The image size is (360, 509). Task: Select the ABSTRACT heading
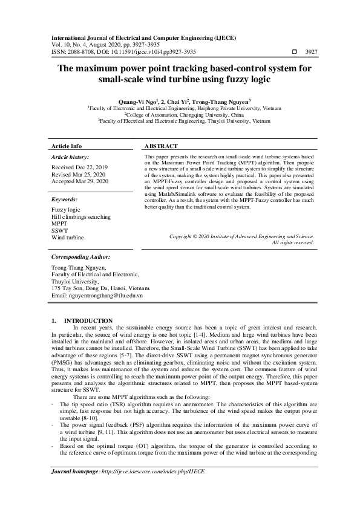(x=162, y=146)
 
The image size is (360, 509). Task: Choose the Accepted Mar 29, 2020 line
(x=80, y=181)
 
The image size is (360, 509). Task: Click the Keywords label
(x=65, y=199)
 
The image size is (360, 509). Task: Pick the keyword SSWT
(x=60, y=230)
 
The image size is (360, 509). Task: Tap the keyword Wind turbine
(x=68, y=238)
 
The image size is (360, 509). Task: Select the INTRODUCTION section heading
(x=88, y=320)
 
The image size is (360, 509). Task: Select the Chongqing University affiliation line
(x=184, y=114)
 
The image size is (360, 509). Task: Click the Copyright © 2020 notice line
(x=241, y=236)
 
